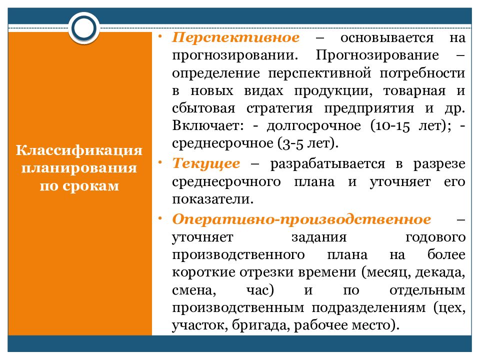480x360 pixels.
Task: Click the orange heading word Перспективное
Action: coord(236,38)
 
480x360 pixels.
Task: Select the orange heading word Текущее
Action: coord(206,163)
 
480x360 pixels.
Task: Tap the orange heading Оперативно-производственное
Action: coord(301,219)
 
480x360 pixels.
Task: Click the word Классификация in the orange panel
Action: coord(79,150)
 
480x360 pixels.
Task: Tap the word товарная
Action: coord(414,91)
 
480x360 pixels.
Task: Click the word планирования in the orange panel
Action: coord(79,167)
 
